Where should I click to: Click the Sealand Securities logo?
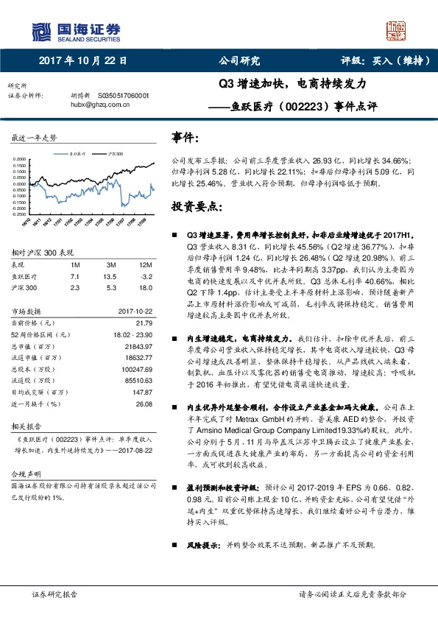tap(77, 30)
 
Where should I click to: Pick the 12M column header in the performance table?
tap(145, 264)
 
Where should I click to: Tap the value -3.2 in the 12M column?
tap(145, 275)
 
